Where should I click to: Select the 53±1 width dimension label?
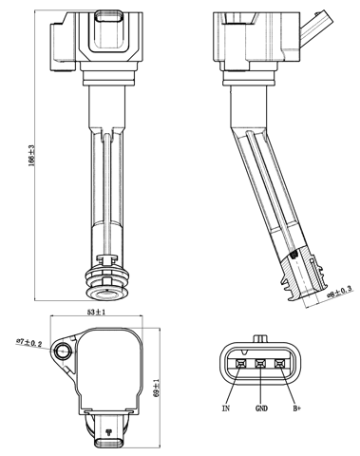(96, 312)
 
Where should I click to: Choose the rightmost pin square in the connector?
(280, 364)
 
